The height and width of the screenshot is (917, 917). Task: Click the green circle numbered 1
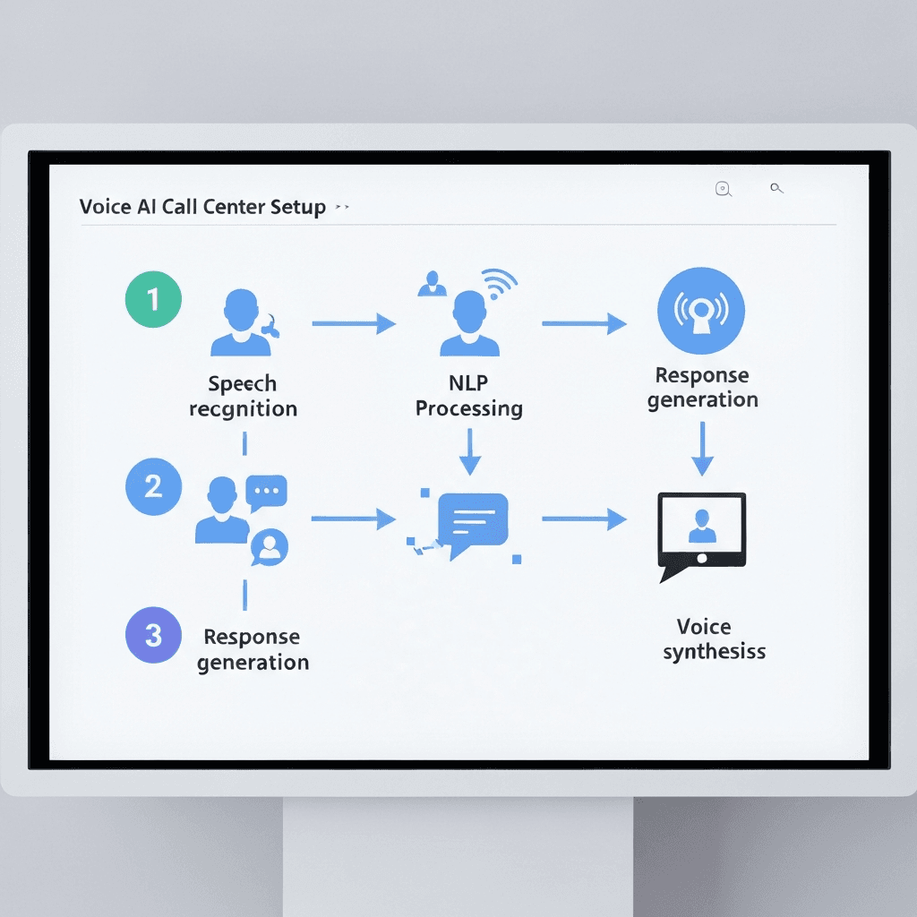153,299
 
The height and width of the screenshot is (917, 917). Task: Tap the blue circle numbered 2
153,486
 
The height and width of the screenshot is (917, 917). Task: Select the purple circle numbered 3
153,635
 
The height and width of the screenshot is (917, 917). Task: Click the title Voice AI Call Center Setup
202,207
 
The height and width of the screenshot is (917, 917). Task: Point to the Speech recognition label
243,397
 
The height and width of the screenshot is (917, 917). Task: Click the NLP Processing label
469,396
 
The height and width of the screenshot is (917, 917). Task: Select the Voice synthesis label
714,638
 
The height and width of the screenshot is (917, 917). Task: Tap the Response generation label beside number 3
253,649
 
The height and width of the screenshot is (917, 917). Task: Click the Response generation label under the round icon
702,387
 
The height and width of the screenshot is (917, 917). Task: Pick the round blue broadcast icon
700,311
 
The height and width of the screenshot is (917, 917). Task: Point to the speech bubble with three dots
267,492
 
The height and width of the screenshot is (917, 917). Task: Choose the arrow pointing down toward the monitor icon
703,449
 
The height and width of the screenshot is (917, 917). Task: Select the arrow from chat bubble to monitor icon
584,518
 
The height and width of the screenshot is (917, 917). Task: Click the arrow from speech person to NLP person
354,323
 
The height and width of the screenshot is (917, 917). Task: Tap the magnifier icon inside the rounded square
723,188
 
